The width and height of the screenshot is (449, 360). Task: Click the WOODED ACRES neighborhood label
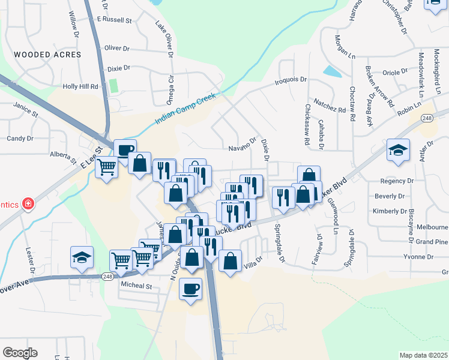47,55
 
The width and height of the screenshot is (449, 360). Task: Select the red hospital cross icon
27,205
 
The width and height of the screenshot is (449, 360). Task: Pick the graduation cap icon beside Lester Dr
82,257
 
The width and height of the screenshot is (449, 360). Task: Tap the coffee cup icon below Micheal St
191,289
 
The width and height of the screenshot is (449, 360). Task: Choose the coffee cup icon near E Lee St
125,150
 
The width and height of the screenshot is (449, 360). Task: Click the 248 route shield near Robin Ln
427,118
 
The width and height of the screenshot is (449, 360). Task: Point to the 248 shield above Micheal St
107,277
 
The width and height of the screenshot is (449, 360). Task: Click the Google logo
20,353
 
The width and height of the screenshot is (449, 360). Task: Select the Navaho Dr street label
243,148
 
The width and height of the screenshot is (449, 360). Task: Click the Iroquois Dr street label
291,79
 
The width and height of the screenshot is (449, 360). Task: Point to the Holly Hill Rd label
80,86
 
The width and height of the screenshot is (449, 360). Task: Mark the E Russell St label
115,20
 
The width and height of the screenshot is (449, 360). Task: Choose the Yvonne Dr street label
420,257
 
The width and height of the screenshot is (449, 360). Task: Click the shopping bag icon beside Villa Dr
231,261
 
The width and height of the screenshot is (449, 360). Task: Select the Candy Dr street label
20,138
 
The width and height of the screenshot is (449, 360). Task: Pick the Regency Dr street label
397,180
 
